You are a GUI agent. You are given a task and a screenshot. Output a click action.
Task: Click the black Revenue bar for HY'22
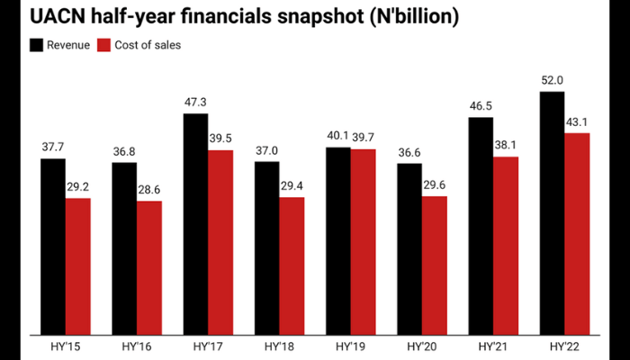[x=552, y=211]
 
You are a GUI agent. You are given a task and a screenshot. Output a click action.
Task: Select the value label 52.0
[x=552, y=81]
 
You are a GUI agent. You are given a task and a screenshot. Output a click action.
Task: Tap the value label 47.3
[x=195, y=103]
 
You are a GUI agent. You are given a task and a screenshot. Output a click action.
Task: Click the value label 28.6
[x=149, y=191]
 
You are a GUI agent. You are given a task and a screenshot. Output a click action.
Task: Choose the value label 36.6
[x=409, y=153]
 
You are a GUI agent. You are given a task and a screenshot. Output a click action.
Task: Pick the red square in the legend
[x=104, y=45]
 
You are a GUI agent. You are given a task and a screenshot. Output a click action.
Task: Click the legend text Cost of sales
[x=148, y=45]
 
